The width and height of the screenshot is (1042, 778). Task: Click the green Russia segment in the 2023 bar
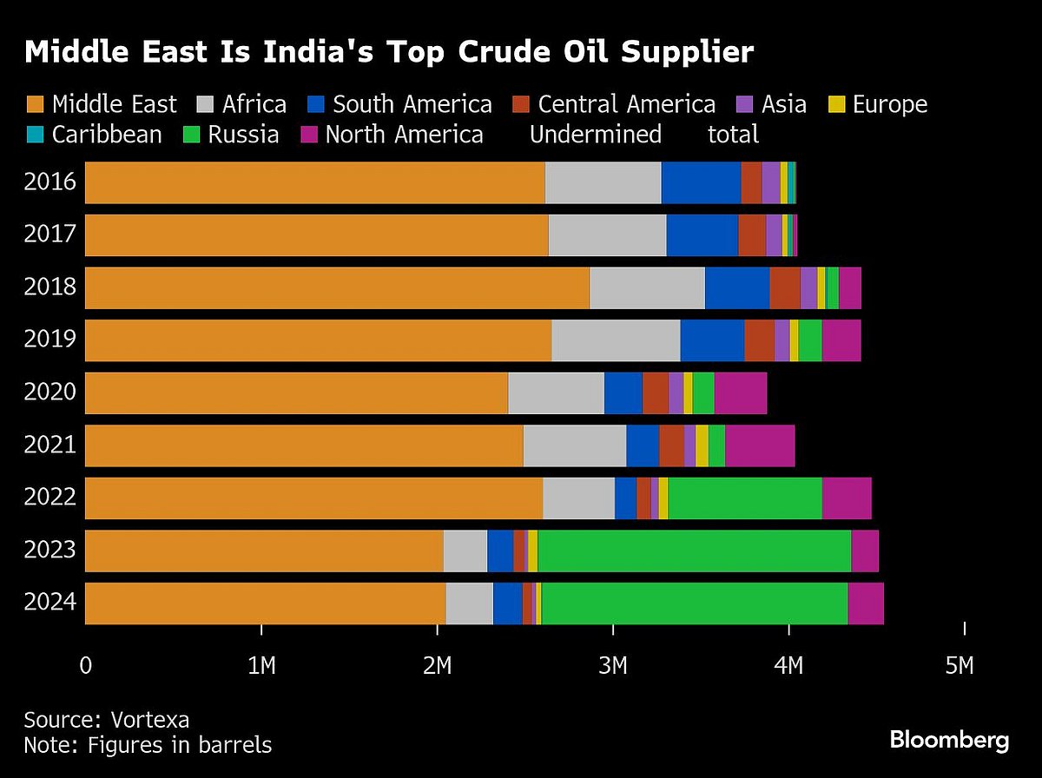tap(694, 551)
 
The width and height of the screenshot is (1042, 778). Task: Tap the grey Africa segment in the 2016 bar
tap(603, 182)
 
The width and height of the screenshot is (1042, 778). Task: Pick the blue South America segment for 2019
tap(712, 340)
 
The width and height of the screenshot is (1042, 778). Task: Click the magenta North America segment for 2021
tap(760, 445)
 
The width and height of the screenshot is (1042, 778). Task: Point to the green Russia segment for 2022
tap(745, 498)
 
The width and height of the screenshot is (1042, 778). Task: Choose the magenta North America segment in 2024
tap(866, 603)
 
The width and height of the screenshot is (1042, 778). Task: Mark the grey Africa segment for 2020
tap(556, 392)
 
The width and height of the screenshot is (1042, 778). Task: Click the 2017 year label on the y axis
tap(50, 234)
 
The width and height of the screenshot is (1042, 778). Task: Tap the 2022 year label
tap(50, 498)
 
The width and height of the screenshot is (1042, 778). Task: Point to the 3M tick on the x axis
tap(612, 666)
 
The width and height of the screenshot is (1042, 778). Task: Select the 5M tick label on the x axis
tap(959, 666)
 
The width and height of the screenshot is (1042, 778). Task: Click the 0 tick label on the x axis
tap(85, 666)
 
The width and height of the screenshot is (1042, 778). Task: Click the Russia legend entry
tap(243, 135)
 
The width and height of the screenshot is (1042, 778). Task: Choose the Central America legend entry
tap(626, 105)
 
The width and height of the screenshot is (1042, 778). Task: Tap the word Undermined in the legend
tap(595, 135)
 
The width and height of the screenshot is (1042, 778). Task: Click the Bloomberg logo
tap(949, 740)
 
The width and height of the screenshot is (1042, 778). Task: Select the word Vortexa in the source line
tap(149, 720)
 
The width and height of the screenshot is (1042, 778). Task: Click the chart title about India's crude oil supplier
tap(389, 52)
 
